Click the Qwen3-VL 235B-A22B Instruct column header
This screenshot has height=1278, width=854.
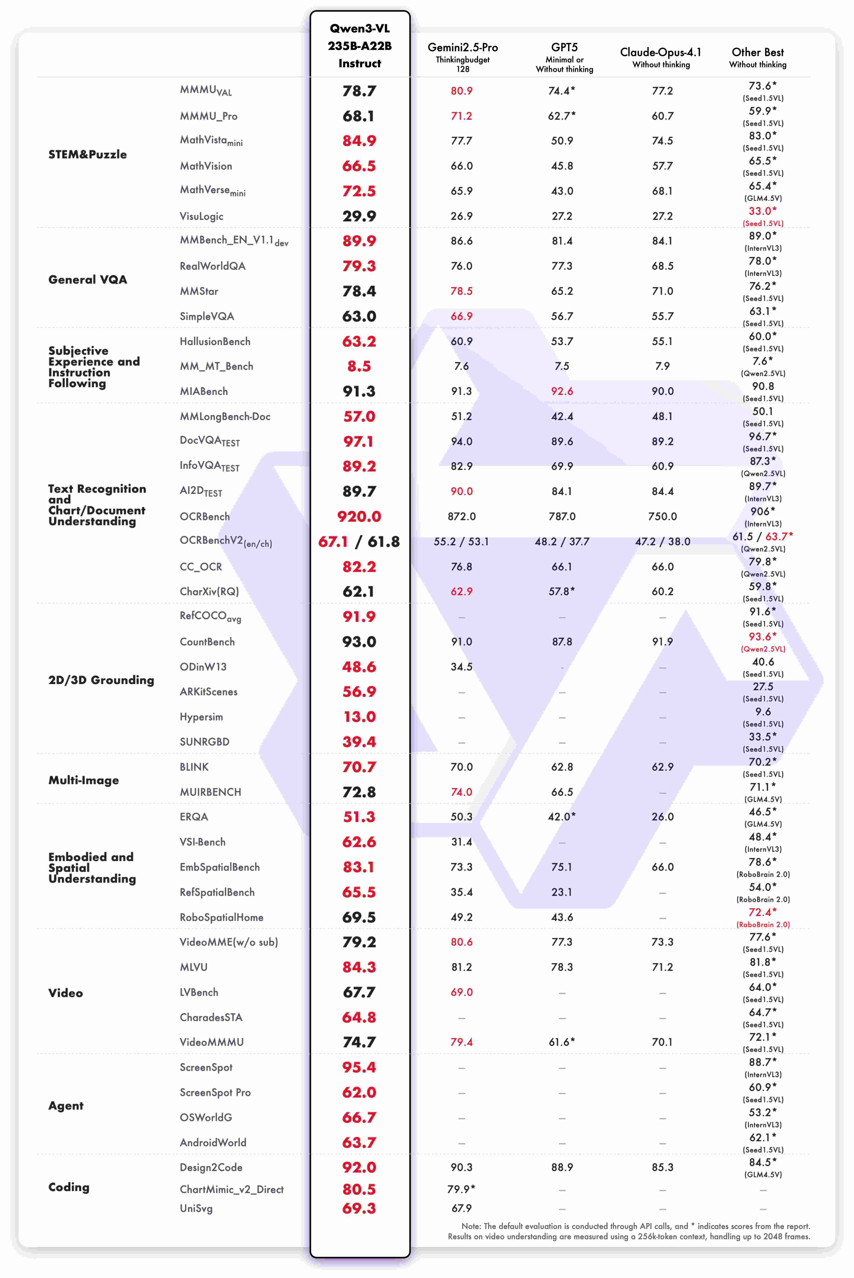point(359,46)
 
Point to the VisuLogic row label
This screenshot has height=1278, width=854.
point(201,216)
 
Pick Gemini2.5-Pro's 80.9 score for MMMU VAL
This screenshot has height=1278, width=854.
point(461,91)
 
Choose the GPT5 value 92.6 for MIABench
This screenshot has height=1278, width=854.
point(562,391)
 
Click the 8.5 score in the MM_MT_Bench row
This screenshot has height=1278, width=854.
point(359,366)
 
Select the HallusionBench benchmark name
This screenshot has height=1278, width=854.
point(215,341)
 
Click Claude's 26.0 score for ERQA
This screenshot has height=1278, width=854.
point(662,817)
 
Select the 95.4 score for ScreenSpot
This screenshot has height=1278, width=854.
point(359,1067)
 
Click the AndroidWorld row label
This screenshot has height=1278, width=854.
point(213,1142)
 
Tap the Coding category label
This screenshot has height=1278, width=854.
point(69,1187)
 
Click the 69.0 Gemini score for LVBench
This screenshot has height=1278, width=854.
point(461,992)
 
